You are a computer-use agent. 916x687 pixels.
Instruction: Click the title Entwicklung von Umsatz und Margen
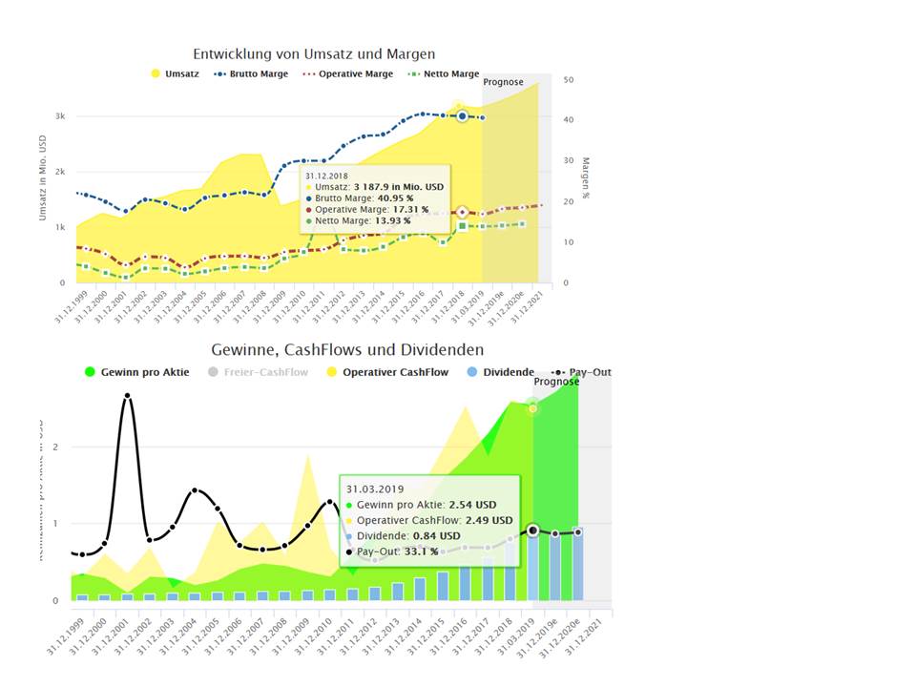coord(314,54)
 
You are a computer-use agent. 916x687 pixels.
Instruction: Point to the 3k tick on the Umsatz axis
coord(59,116)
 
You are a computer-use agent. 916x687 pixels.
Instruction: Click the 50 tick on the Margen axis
coord(568,79)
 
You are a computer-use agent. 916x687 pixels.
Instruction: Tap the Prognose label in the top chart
coord(503,82)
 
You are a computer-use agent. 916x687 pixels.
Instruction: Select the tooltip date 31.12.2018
coord(327,176)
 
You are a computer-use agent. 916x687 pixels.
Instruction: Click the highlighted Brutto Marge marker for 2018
coord(462,115)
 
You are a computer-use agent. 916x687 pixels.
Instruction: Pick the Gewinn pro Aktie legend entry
coord(144,372)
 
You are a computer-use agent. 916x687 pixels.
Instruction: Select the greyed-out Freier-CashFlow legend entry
coord(266,372)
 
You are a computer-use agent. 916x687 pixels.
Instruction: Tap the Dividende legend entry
coord(507,372)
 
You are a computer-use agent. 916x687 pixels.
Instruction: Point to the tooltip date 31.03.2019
coord(376,489)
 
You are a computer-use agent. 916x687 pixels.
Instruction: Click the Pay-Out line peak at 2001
coord(127,395)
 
